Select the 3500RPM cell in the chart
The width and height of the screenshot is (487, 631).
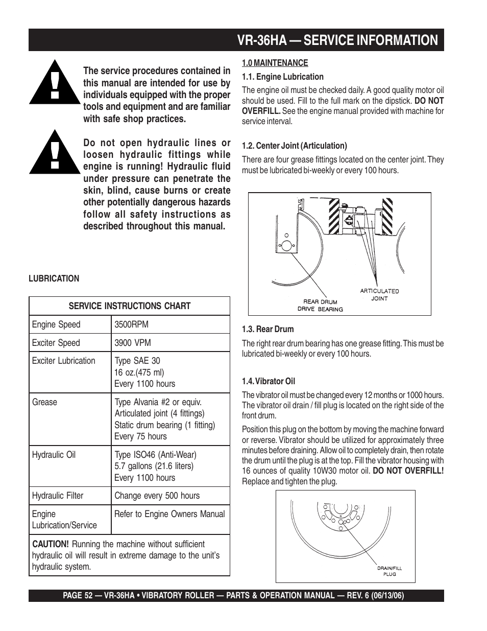coord(131,324)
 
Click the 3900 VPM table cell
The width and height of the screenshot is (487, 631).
coord(133,343)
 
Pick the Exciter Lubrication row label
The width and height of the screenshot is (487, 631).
coord(64,361)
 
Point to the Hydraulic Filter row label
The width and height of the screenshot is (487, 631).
coord(58,496)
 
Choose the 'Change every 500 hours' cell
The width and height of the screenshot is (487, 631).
coord(157,496)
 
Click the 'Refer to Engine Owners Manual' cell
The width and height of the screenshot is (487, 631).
coord(169,514)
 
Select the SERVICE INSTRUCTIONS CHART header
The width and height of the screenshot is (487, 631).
coord(130,306)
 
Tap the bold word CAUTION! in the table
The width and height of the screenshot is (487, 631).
coord(50,544)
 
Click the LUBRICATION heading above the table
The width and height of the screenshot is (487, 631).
coord(54,278)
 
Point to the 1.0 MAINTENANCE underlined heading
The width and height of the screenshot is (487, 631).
coord(275,63)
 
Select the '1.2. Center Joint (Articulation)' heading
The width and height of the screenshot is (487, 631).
coord(294,146)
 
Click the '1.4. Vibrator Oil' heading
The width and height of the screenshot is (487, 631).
coord(269,381)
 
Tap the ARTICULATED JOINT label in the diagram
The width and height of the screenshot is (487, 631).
coord(379,294)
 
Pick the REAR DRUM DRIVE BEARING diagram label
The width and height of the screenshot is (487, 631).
coord(321,305)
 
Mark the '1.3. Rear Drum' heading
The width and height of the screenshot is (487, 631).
coord(267,329)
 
